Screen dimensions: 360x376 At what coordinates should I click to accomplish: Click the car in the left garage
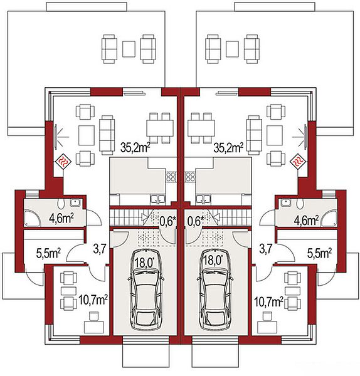click(146, 290)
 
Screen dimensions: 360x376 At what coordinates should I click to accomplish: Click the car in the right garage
click(214, 290)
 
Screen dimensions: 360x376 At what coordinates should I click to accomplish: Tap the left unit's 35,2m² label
click(135, 148)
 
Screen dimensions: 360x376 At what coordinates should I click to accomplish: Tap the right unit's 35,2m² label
click(228, 148)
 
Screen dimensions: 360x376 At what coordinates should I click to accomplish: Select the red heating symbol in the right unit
click(298, 162)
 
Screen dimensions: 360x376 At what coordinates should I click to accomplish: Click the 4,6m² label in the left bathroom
click(61, 218)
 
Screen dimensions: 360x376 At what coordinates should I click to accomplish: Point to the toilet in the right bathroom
click(299, 204)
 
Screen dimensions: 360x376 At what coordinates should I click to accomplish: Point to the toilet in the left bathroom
click(61, 204)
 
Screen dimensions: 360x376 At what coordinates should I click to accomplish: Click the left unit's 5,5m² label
click(48, 253)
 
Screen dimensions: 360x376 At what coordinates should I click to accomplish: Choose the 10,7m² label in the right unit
click(268, 301)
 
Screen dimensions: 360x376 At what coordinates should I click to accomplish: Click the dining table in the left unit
click(160, 128)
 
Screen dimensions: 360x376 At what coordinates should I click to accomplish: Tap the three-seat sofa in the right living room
click(254, 135)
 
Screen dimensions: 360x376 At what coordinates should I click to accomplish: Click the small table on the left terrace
click(129, 49)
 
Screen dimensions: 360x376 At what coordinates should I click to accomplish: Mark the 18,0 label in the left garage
click(144, 261)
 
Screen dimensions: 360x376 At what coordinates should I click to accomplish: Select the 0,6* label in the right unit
click(196, 221)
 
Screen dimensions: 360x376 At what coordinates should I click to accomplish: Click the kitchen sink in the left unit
click(157, 199)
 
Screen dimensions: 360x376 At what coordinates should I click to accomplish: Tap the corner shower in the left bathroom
click(33, 219)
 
